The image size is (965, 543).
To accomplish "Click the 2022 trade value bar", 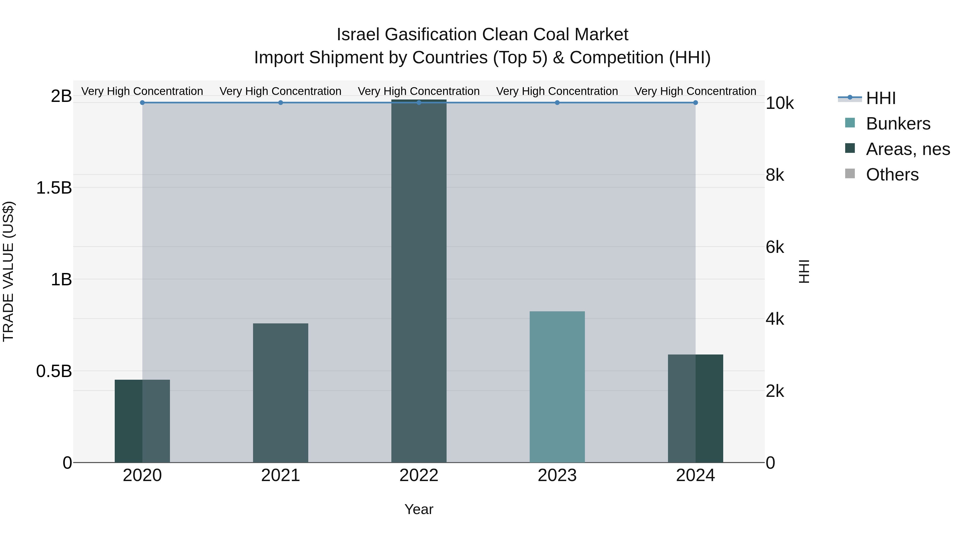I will (x=418, y=281).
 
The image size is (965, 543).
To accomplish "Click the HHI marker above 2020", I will (x=142, y=103).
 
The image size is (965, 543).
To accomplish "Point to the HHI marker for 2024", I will (x=695, y=103).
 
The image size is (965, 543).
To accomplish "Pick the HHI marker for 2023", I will (x=557, y=103).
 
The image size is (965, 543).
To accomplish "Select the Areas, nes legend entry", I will (x=907, y=149).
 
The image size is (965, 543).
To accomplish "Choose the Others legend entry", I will (x=892, y=175).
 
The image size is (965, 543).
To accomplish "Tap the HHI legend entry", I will (x=880, y=98).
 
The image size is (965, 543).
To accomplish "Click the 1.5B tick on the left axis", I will (x=54, y=188).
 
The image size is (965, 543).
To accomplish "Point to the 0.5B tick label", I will (x=54, y=371).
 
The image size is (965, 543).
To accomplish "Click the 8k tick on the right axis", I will (x=775, y=175).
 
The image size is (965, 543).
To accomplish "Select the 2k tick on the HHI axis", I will (x=775, y=391).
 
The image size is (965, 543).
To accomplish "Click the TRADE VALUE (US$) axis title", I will (x=8, y=271).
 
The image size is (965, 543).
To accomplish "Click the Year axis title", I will (x=418, y=509).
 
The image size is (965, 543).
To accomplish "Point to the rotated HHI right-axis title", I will (x=804, y=271).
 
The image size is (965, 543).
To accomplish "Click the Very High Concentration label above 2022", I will (x=418, y=91).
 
